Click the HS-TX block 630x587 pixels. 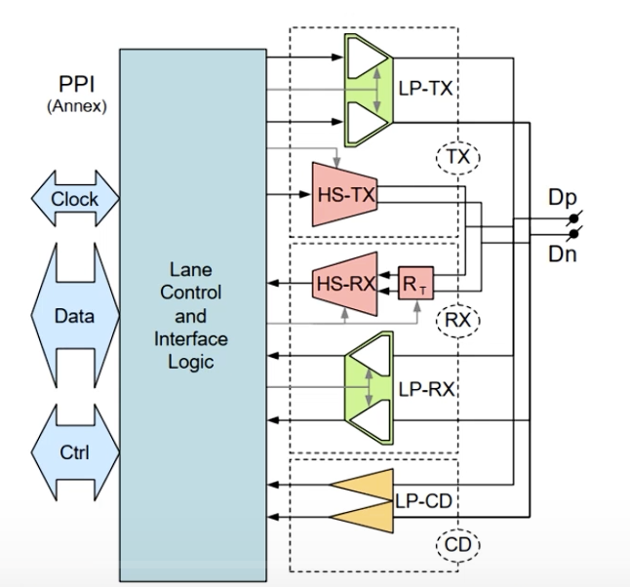tap(344, 194)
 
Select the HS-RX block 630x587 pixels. tap(344, 284)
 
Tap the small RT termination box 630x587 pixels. tap(415, 283)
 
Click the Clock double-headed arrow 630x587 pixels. tap(75, 199)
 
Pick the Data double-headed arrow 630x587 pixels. tap(75, 315)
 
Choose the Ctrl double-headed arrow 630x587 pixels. tap(75, 452)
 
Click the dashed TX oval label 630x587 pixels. tap(458, 157)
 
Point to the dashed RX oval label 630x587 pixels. tap(458, 320)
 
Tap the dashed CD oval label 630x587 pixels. tap(458, 545)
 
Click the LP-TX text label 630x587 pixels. tap(425, 89)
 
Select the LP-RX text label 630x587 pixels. tap(426, 389)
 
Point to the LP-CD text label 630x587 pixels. tap(424, 501)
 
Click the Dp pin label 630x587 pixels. tap(563, 198)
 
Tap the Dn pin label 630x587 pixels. tap(563, 254)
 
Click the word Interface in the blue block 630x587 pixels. tap(191, 339)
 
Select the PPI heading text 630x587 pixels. tap(77, 85)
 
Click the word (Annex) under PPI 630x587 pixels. tap(77, 106)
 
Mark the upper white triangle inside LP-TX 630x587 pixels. tap(367, 58)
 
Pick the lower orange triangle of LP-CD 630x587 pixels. tap(362, 518)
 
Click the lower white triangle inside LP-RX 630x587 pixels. tap(372, 420)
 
